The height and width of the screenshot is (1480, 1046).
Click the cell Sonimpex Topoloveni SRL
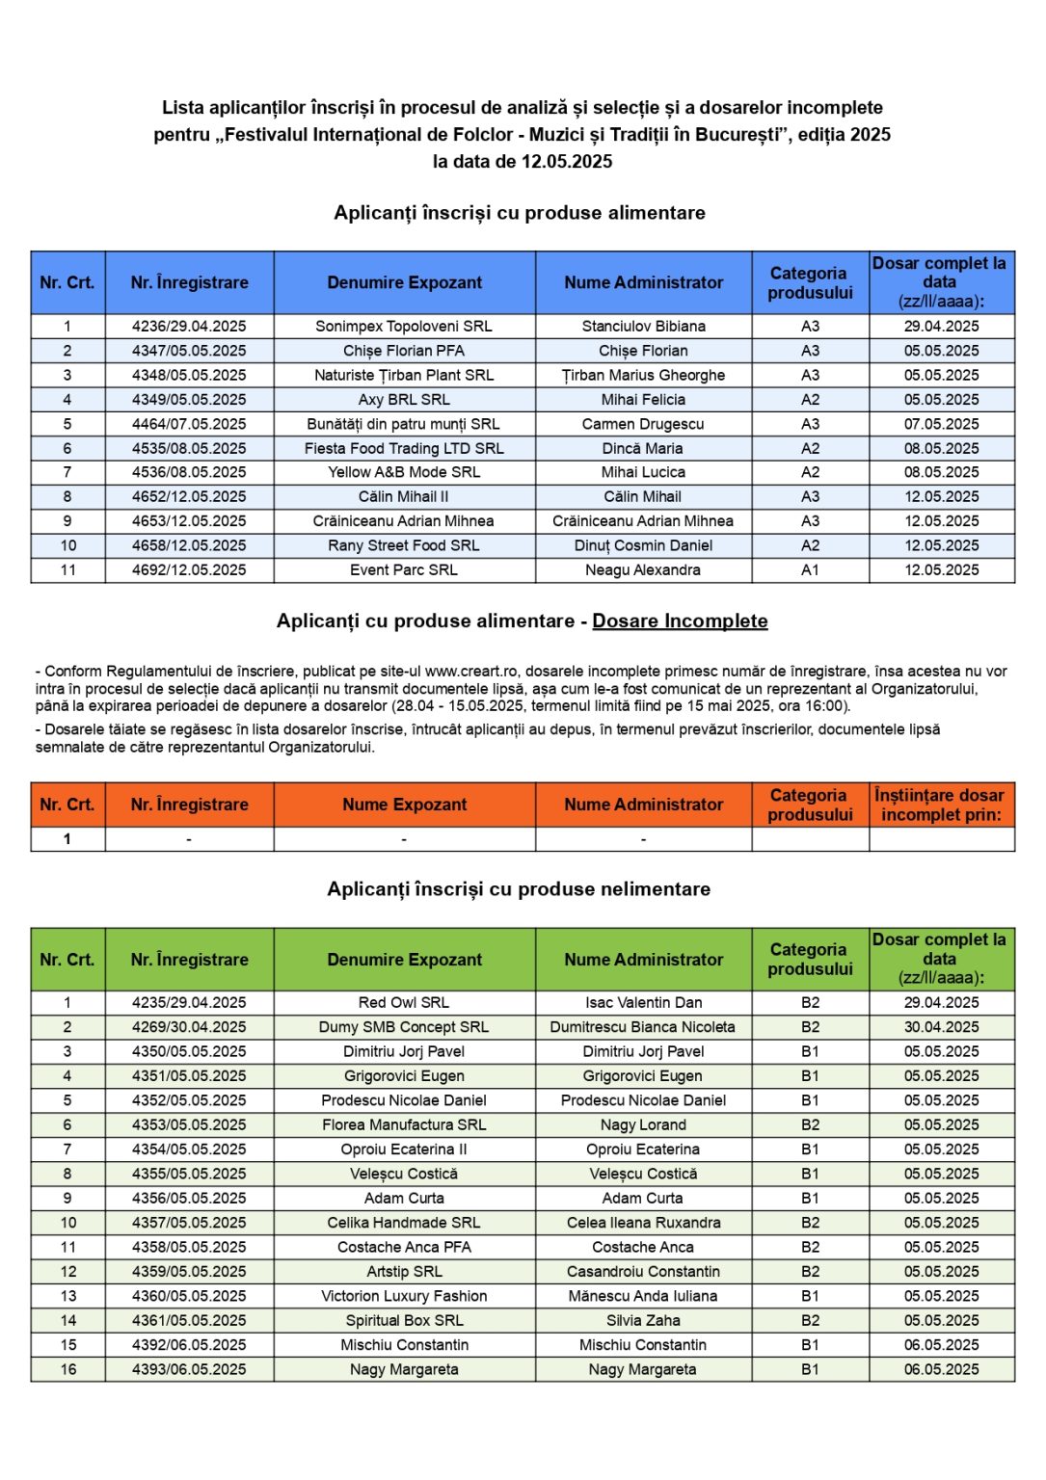[404, 327]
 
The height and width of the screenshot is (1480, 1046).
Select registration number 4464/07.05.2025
[189, 424]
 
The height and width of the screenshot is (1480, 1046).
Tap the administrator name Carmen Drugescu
[643, 424]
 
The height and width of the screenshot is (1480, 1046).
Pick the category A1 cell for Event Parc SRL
[810, 570]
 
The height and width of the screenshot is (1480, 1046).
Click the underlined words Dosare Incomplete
[680, 621]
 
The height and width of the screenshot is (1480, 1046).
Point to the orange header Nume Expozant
[404, 805]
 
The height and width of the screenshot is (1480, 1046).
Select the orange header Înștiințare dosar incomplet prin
[940, 805]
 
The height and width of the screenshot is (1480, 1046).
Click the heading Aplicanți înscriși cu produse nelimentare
[519, 889]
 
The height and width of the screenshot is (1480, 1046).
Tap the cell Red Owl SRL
[404, 1003]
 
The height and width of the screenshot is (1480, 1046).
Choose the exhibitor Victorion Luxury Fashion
[404, 1296]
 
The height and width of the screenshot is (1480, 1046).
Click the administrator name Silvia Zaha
[643, 1321]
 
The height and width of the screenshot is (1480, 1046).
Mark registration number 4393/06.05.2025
[189, 1369]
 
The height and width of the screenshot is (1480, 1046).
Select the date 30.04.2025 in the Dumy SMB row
[941, 1027]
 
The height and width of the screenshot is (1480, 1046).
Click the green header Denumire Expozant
[404, 960]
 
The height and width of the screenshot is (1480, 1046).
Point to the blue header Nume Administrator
[643, 282]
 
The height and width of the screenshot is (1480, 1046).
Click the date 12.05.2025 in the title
[567, 162]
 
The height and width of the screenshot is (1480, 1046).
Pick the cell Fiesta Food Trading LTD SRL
[404, 448]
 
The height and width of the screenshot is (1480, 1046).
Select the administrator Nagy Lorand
[643, 1125]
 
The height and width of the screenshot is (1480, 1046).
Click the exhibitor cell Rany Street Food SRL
[404, 545]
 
